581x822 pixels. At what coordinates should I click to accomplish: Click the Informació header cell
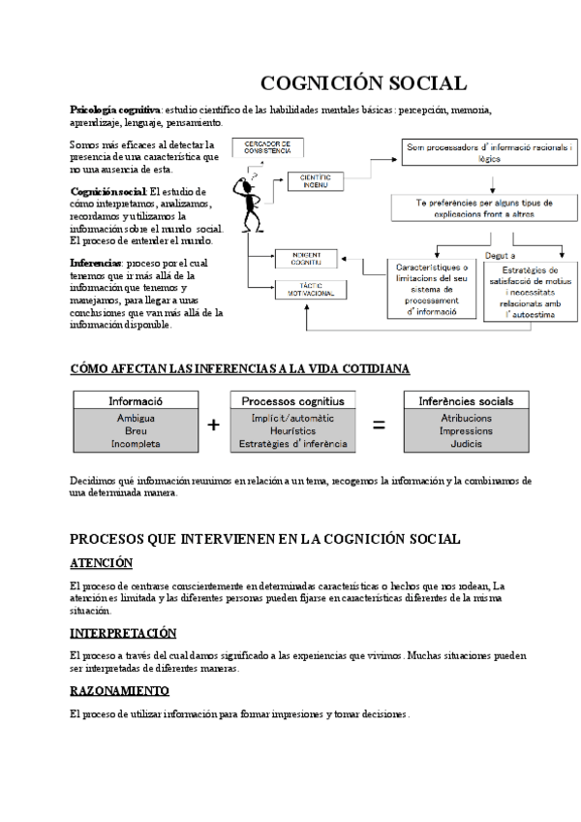(136, 400)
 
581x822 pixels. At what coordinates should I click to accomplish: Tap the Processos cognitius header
(292, 400)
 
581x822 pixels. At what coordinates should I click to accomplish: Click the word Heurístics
(292, 430)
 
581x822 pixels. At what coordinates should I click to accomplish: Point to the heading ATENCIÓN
(102, 563)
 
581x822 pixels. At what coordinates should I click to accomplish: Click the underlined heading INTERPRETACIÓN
(123, 633)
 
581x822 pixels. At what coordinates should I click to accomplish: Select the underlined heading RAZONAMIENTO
(120, 691)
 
